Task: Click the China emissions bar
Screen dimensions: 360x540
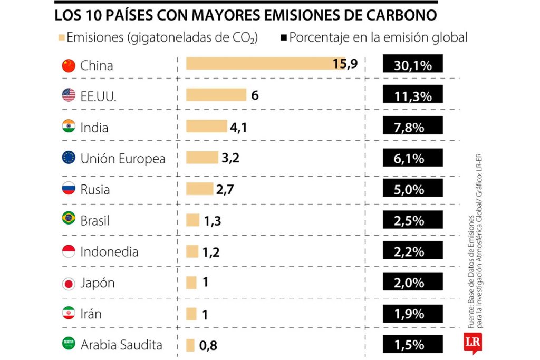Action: (264, 64)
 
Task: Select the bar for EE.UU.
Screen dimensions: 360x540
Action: (216, 95)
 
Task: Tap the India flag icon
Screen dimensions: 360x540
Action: (69, 127)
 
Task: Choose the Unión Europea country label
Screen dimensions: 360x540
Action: (123, 158)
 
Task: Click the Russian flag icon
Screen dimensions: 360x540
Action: (69, 189)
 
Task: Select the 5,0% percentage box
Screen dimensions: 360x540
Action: (412, 189)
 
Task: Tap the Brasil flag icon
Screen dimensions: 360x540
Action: (69, 220)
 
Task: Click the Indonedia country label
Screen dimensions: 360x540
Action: (109, 251)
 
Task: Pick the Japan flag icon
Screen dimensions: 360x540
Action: (69, 283)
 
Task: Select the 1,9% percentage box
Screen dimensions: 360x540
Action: (412, 314)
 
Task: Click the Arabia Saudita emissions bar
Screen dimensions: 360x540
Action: (190, 345)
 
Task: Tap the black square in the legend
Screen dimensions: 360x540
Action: (283, 38)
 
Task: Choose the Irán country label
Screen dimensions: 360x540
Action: (91, 314)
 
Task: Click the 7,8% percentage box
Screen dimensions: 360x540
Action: (412, 127)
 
